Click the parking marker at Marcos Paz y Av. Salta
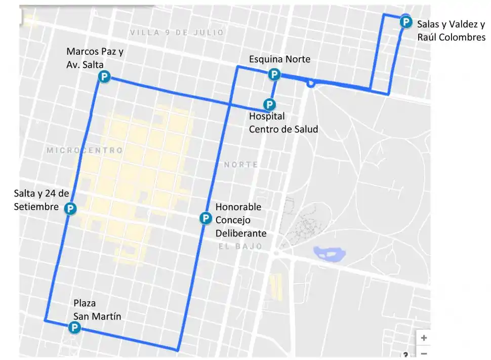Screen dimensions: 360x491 coord(104,77)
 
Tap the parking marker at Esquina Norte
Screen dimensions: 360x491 coord(274,75)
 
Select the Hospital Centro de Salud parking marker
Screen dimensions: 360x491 coord(270,104)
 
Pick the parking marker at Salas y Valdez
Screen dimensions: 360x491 coord(405,22)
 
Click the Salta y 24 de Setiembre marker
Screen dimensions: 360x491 coord(70,208)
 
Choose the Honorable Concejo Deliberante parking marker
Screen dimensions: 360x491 coord(206,218)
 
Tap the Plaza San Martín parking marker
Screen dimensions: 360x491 coord(74,328)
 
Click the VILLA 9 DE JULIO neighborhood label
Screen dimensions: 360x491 coord(177,32)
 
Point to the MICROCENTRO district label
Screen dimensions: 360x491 coord(85,150)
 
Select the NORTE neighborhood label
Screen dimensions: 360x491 coord(241,165)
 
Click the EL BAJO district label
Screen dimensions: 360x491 coord(240,246)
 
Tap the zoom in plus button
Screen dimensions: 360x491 coord(424,338)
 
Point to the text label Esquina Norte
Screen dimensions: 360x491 coord(279,60)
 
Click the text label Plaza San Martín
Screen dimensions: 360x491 coord(97,310)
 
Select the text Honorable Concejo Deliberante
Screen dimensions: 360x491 coord(240,220)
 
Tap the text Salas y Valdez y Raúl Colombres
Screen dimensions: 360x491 coord(451,30)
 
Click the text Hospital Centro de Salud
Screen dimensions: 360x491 coord(283,123)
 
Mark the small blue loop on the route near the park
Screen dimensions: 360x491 coord(311,84)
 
